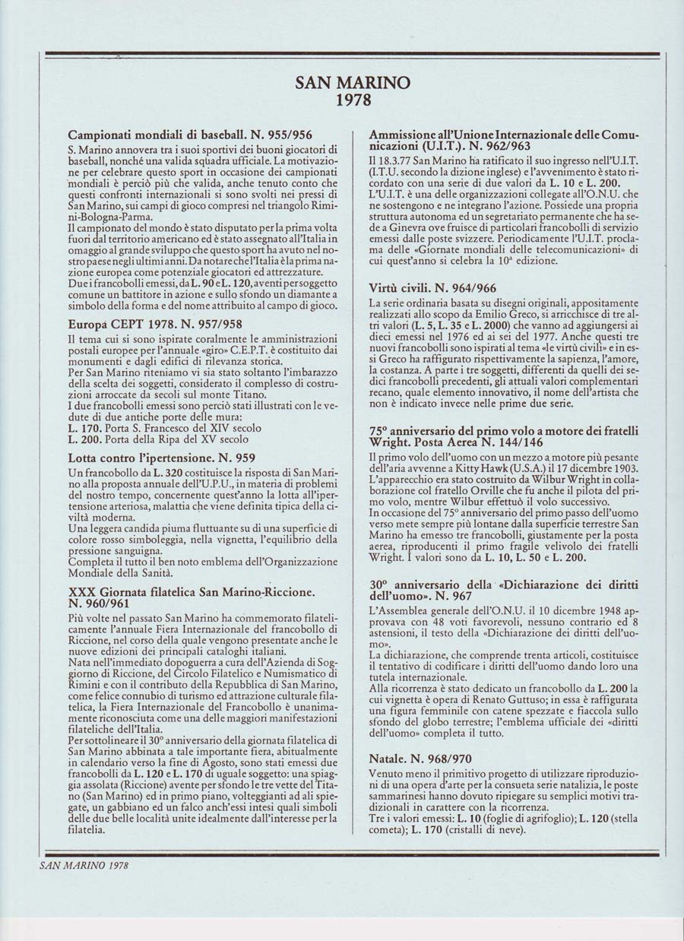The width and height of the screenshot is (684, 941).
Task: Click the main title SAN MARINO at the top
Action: (x=352, y=83)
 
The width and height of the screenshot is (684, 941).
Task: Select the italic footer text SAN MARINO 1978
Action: (x=84, y=864)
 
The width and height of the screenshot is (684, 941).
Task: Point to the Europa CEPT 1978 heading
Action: (x=155, y=324)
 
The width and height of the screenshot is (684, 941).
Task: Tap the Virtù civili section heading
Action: (x=432, y=288)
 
